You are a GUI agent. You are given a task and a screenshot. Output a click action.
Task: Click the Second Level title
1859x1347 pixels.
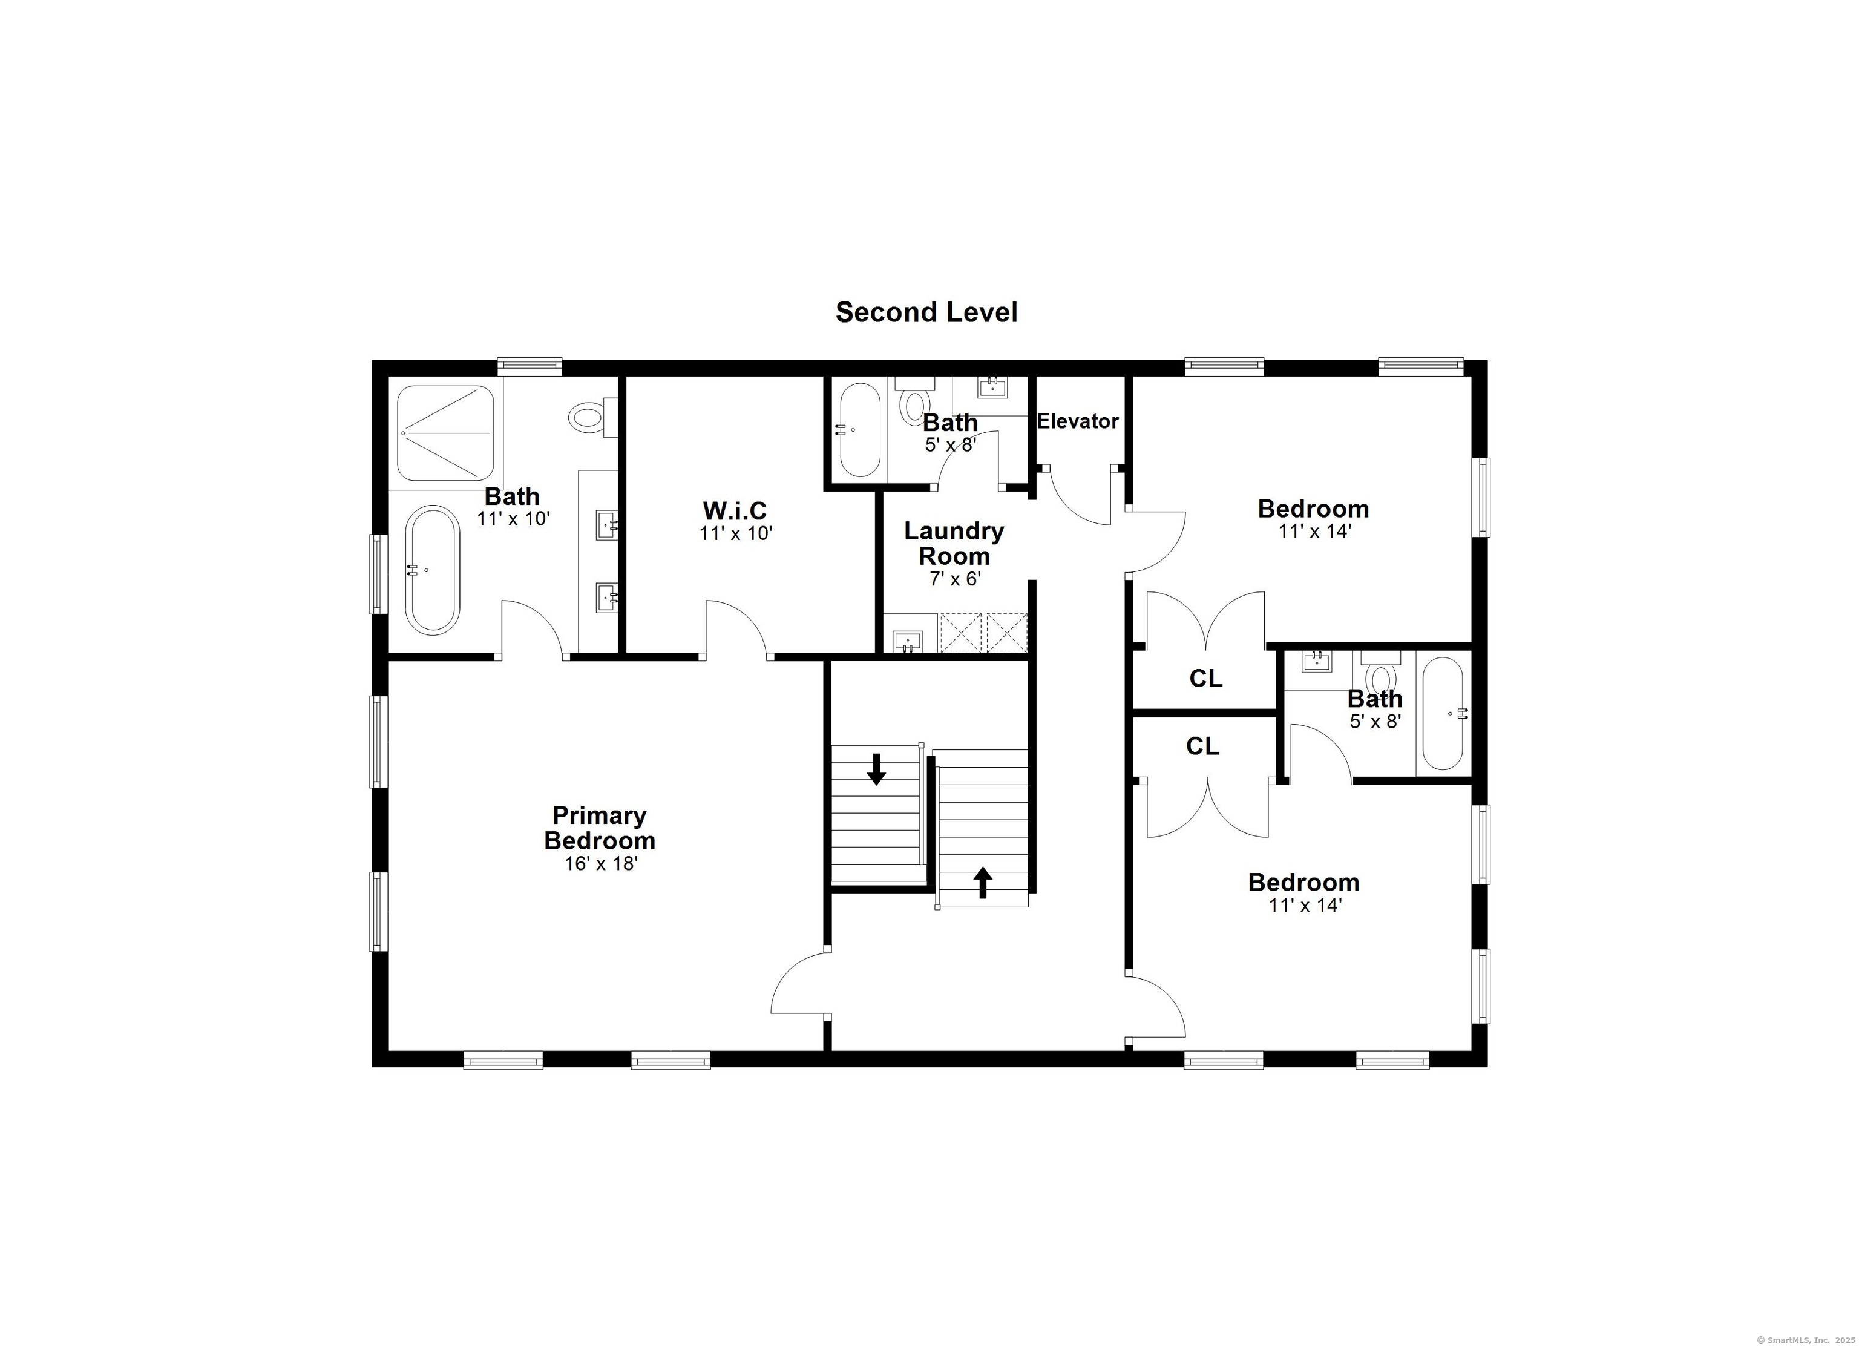[926, 312]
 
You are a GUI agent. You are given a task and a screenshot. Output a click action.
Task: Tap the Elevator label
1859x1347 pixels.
[1077, 421]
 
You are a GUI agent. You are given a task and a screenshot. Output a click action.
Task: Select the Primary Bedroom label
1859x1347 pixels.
[599, 828]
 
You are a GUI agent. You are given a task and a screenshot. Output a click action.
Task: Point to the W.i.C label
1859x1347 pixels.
[735, 511]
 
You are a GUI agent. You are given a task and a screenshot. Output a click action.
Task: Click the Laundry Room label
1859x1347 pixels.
[954, 544]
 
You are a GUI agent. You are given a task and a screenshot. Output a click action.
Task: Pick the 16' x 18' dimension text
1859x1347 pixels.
[601, 864]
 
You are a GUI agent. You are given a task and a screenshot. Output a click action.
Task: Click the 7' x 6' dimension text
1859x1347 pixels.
[955, 579]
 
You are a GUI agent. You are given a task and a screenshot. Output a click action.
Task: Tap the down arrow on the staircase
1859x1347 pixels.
[876, 769]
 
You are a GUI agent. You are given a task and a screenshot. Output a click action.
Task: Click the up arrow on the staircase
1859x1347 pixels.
[983, 883]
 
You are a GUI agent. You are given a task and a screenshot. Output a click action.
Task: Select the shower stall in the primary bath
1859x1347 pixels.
[446, 433]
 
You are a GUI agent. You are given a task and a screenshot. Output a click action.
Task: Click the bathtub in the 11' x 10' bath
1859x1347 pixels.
[433, 569]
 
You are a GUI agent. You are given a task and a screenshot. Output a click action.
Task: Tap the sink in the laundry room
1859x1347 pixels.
[907, 641]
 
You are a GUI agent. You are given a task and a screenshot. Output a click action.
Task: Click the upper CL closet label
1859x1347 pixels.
[1205, 679]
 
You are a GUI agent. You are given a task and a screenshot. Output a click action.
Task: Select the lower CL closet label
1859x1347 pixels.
[1202, 746]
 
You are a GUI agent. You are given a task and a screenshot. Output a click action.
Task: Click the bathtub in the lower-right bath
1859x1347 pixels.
[1443, 713]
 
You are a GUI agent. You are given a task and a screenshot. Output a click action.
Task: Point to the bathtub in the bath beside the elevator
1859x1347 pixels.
[858, 430]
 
